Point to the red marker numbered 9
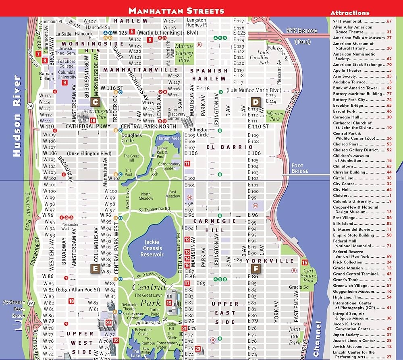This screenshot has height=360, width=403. coord(64,83)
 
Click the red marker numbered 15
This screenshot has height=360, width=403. coord(305,263)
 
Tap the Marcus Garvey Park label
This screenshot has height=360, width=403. coord(184,53)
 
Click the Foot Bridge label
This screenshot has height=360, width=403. coord(300,168)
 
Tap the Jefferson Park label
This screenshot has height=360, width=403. coord(275,116)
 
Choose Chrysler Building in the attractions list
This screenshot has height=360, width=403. coord(349,172)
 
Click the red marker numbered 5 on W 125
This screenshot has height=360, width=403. coord(132,31)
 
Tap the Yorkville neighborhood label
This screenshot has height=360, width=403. coord(278,261)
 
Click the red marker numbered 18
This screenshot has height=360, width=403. coord(71,301)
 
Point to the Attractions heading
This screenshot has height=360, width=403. coord(349,13)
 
